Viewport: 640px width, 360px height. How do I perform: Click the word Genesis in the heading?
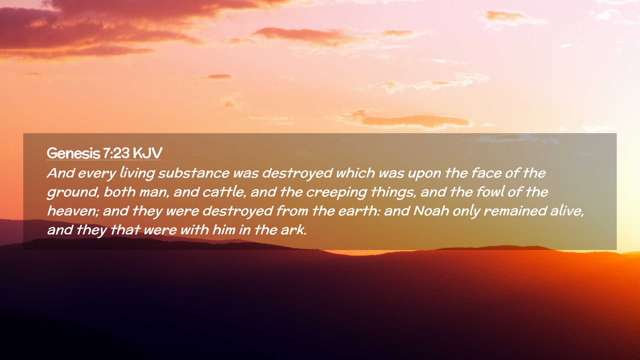(73, 153)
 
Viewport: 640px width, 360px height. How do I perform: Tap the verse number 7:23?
(116, 153)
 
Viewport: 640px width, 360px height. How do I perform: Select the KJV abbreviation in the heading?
(147, 153)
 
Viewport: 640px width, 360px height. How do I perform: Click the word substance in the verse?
(194, 173)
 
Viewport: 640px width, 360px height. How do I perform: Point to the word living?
(137, 173)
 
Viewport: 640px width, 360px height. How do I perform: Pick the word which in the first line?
(355, 173)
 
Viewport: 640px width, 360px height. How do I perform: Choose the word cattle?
(224, 192)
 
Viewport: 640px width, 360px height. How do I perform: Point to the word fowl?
(490, 192)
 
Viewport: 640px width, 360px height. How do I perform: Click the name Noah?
(431, 211)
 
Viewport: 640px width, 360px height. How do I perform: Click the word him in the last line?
(224, 230)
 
